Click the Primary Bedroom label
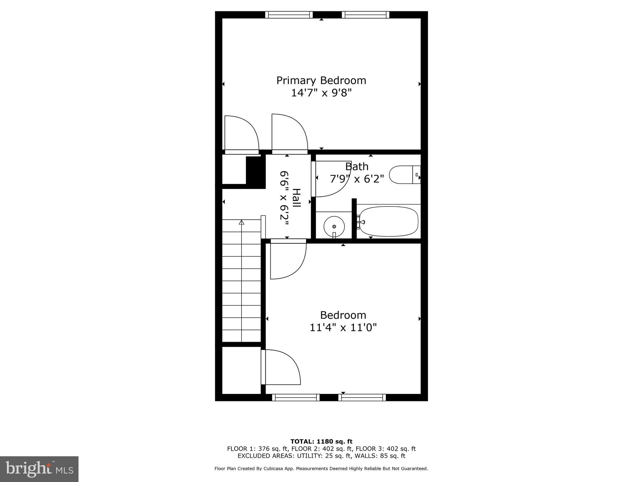pyautogui.click(x=321, y=81)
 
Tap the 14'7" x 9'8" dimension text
pyautogui.click(x=321, y=93)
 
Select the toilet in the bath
pyautogui.click(x=404, y=174)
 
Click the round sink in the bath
pyautogui.click(x=334, y=226)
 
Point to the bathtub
pyautogui.click(x=389, y=221)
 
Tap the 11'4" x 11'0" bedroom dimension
pyautogui.click(x=343, y=328)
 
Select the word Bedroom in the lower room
pyautogui.click(x=343, y=315)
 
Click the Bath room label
pyautogui.click(x=357, y=166)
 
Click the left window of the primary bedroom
pyautogui.click(x=289, y=15)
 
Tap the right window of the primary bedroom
pyautogui.click(x=365, y=15)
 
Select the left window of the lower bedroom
pyautogui.click(x=295, y=398)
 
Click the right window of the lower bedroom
pyautogui.click(x=362, y=398)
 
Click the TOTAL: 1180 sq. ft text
pyautogui.click(x=321, y=442)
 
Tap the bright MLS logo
pyautogui.click(x=39, y=469)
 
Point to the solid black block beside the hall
pyautogui.click(x=256, y=172)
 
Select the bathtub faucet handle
pyautogui.click(x=362, y=222)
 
